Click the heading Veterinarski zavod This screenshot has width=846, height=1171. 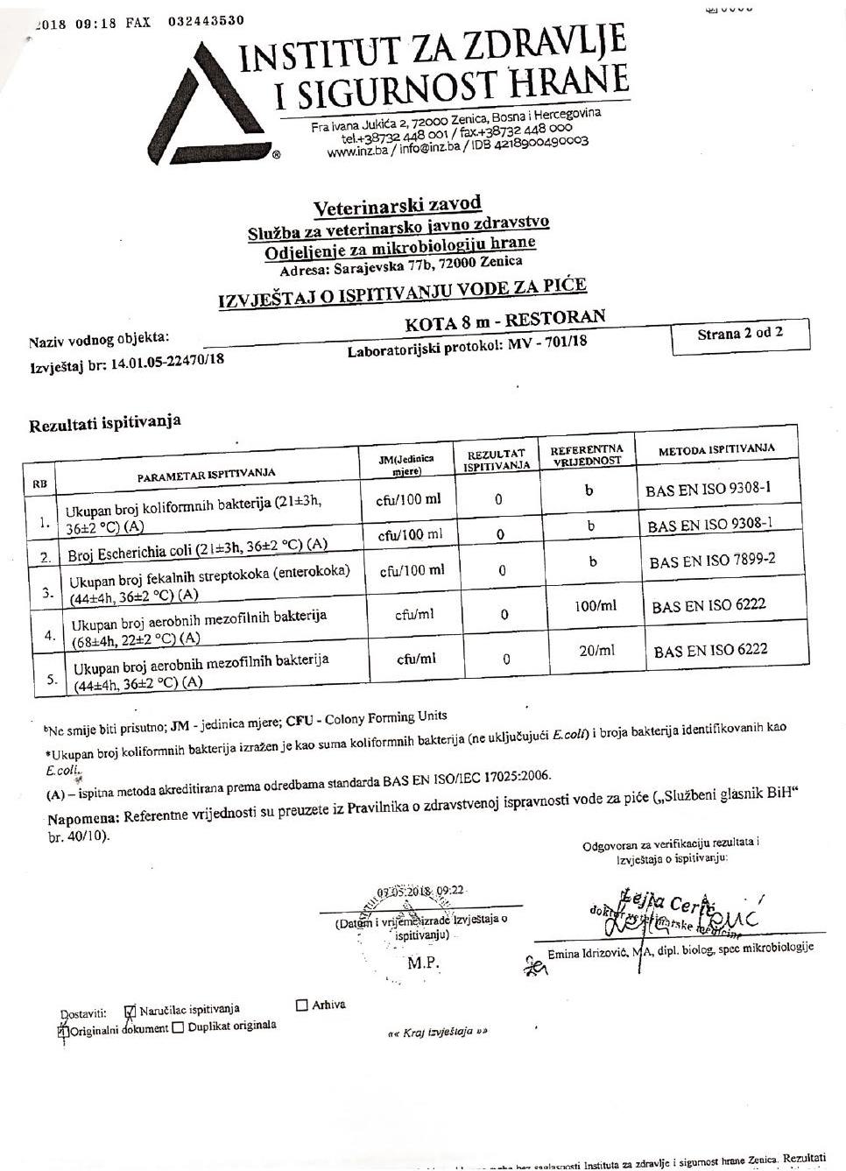(x=397, y=207)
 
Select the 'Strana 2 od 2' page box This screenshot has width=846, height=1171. (x=740, y=335)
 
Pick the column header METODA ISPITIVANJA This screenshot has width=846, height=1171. (x=716, y=448)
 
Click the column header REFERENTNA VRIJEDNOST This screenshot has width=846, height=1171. (x=586, y=455)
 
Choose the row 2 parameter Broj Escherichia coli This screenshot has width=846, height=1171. (x=197, y=550)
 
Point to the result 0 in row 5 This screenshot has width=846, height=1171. (x=506, y=660)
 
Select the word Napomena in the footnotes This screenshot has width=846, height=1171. (x=83, y=818)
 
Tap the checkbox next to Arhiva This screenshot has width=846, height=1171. (x=302, y=1005)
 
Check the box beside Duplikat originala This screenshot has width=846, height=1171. (x=179, y=1027)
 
